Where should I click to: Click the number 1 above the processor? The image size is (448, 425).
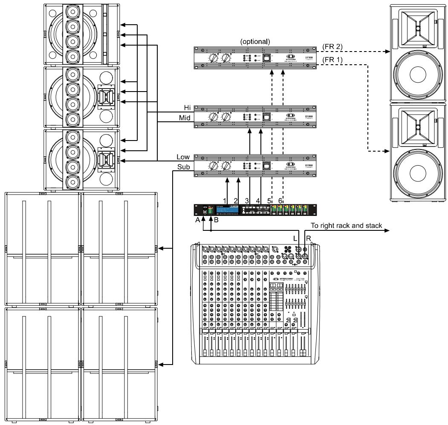pos(224,200)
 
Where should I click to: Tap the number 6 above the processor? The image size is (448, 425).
pos(280,200)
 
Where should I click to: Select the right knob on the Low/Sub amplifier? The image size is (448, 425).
pos(225,166)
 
